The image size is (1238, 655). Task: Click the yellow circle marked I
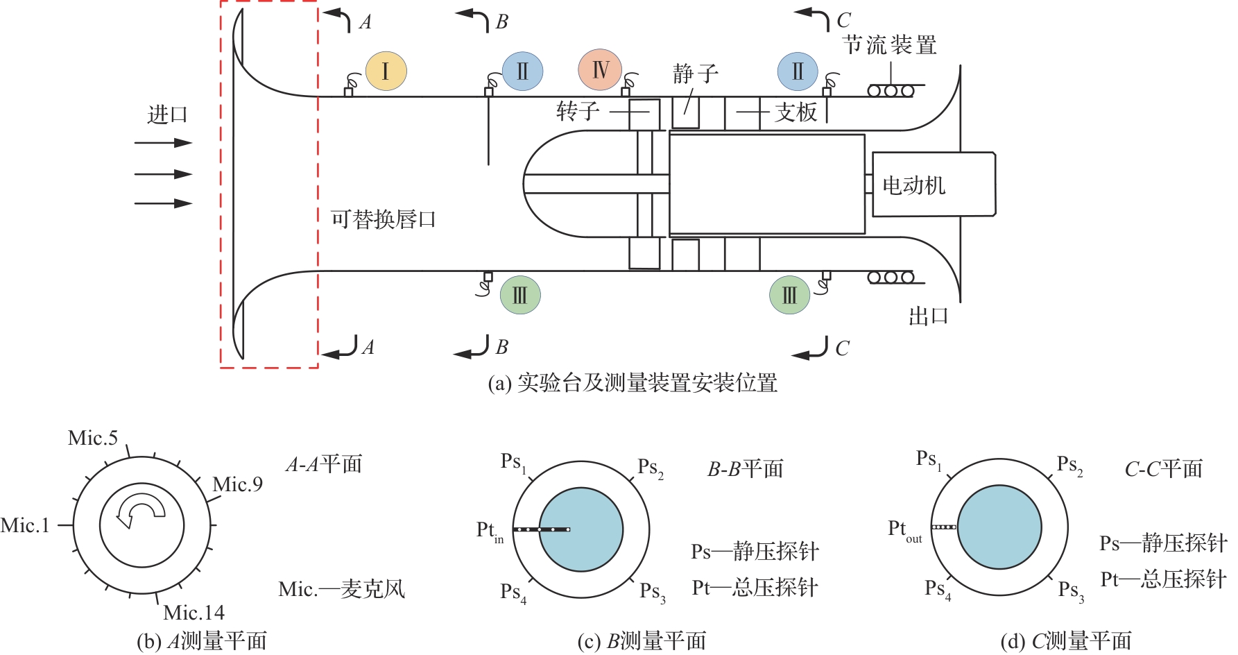[x=386, y=71]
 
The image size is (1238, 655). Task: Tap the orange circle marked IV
[x=599, y=69]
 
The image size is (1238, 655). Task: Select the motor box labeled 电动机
[x=933, y=185]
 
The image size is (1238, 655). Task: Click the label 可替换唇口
[x=383, y=219]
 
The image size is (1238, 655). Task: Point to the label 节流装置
[x=890, y=45]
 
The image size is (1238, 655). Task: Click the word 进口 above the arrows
[x=167, y=114]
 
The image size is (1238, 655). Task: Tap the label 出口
[x=928, y=316]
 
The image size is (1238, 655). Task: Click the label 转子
[x=577, y=110]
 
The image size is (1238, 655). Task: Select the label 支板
[x=796, y=112]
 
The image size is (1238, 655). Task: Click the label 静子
[x=695, y=74]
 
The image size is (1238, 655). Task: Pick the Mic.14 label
[x=194, y=613]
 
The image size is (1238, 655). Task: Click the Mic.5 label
[x=93, y=438]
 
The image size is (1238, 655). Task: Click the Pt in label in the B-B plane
[x=490, y=531]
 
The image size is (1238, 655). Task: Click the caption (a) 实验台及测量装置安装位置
[x=633, y=382]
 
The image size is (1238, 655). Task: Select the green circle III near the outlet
[x=789, y=295]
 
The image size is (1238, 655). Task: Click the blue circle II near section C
[x=798, y=71]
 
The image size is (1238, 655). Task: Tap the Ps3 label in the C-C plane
[x=1071, y=590]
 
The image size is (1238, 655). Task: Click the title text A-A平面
[x=324, y=463]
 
